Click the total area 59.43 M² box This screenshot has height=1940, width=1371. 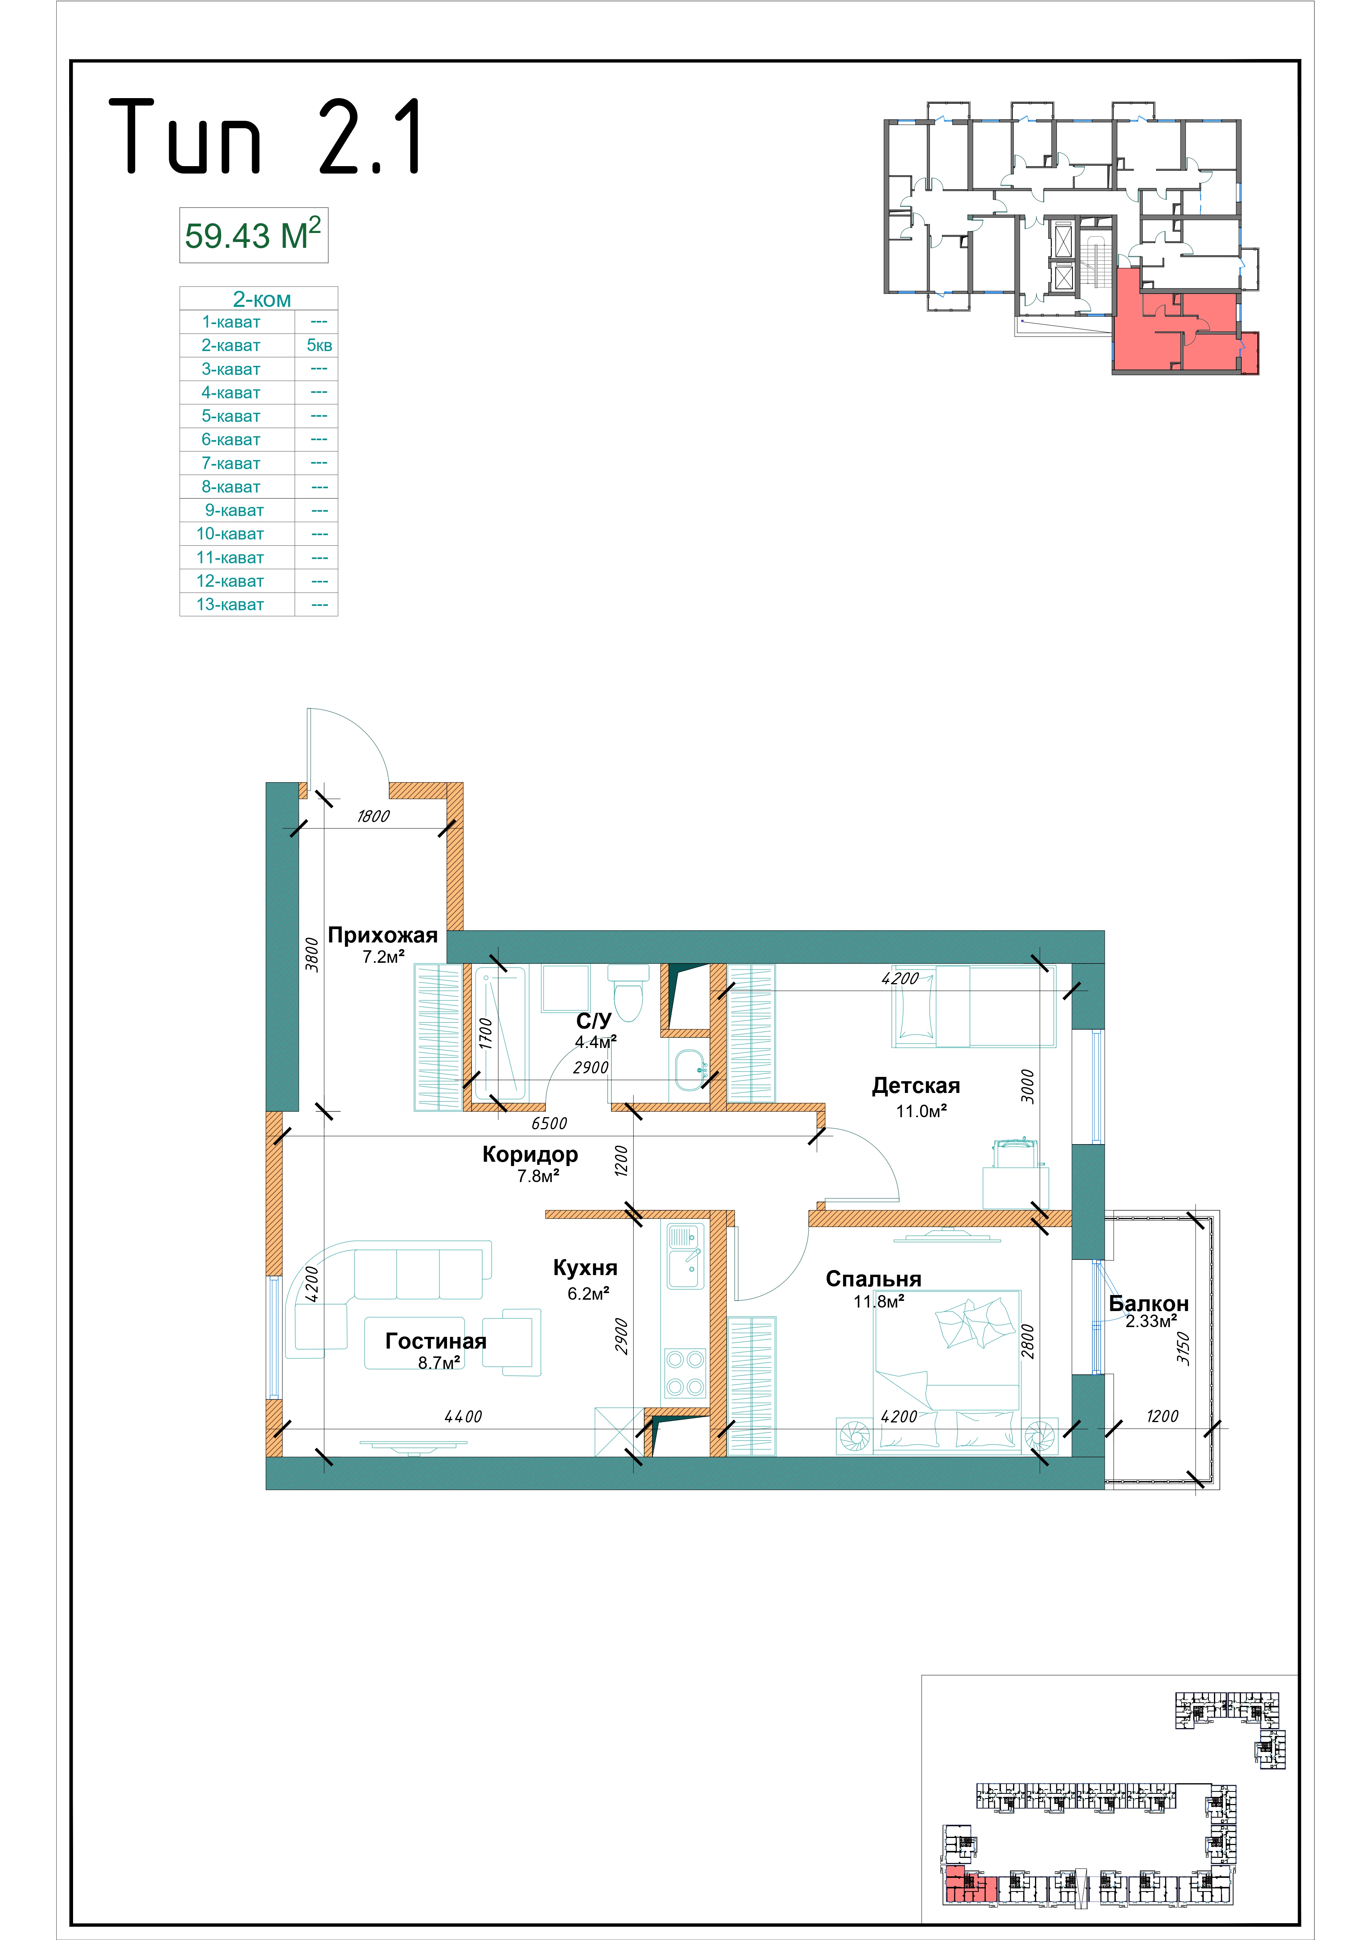(x=254, y=235)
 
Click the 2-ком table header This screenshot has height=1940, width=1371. (x=262, y=299)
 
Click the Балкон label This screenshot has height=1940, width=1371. (x=1148, y=1303)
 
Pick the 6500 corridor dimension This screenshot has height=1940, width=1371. (x=549, y=1123)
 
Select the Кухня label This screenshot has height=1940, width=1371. (x=585, y=1267)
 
